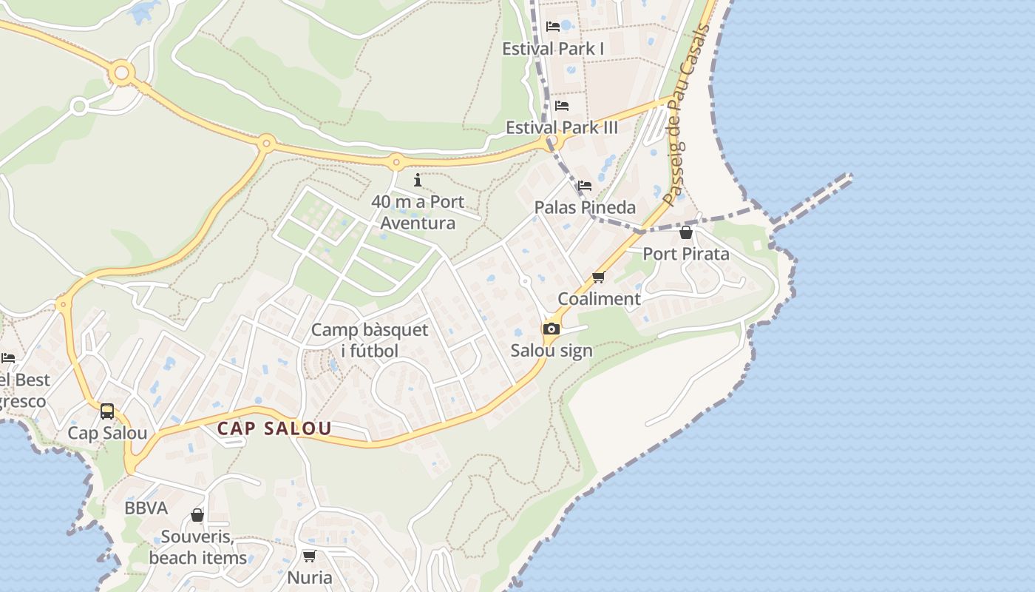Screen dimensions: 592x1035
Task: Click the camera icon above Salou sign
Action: click(552, 329)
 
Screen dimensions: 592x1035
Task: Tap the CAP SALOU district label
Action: click(274, 428)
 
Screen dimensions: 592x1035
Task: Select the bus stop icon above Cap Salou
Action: click(107, 411)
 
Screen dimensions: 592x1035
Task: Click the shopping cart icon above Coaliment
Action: click(599, 277)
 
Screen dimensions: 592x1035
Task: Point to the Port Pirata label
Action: click(685, 254)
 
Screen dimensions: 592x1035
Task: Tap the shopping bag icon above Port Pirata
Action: click(686, 232)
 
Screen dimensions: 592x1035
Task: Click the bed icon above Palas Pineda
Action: click(585, 186)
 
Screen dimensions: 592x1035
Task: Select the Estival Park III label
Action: click(561, 127)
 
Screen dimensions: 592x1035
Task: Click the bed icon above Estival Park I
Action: click(553, 27)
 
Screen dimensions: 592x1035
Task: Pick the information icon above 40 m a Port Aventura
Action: click(418, 180)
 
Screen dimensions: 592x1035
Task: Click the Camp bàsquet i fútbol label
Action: click(369, 340)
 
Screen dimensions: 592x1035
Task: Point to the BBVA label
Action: click(146, 508)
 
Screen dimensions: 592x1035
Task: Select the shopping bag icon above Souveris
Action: click(197, 515)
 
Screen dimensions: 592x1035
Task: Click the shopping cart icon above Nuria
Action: click(309, 556)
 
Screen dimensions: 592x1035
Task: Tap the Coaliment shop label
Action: click(599, 299)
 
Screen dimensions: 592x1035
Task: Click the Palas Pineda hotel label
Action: click(585, 207)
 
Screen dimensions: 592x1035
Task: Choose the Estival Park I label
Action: click(553, 49)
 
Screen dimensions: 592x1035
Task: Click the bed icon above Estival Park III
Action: click(562, 106)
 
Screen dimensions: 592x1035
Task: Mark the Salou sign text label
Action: click(552, 351)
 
